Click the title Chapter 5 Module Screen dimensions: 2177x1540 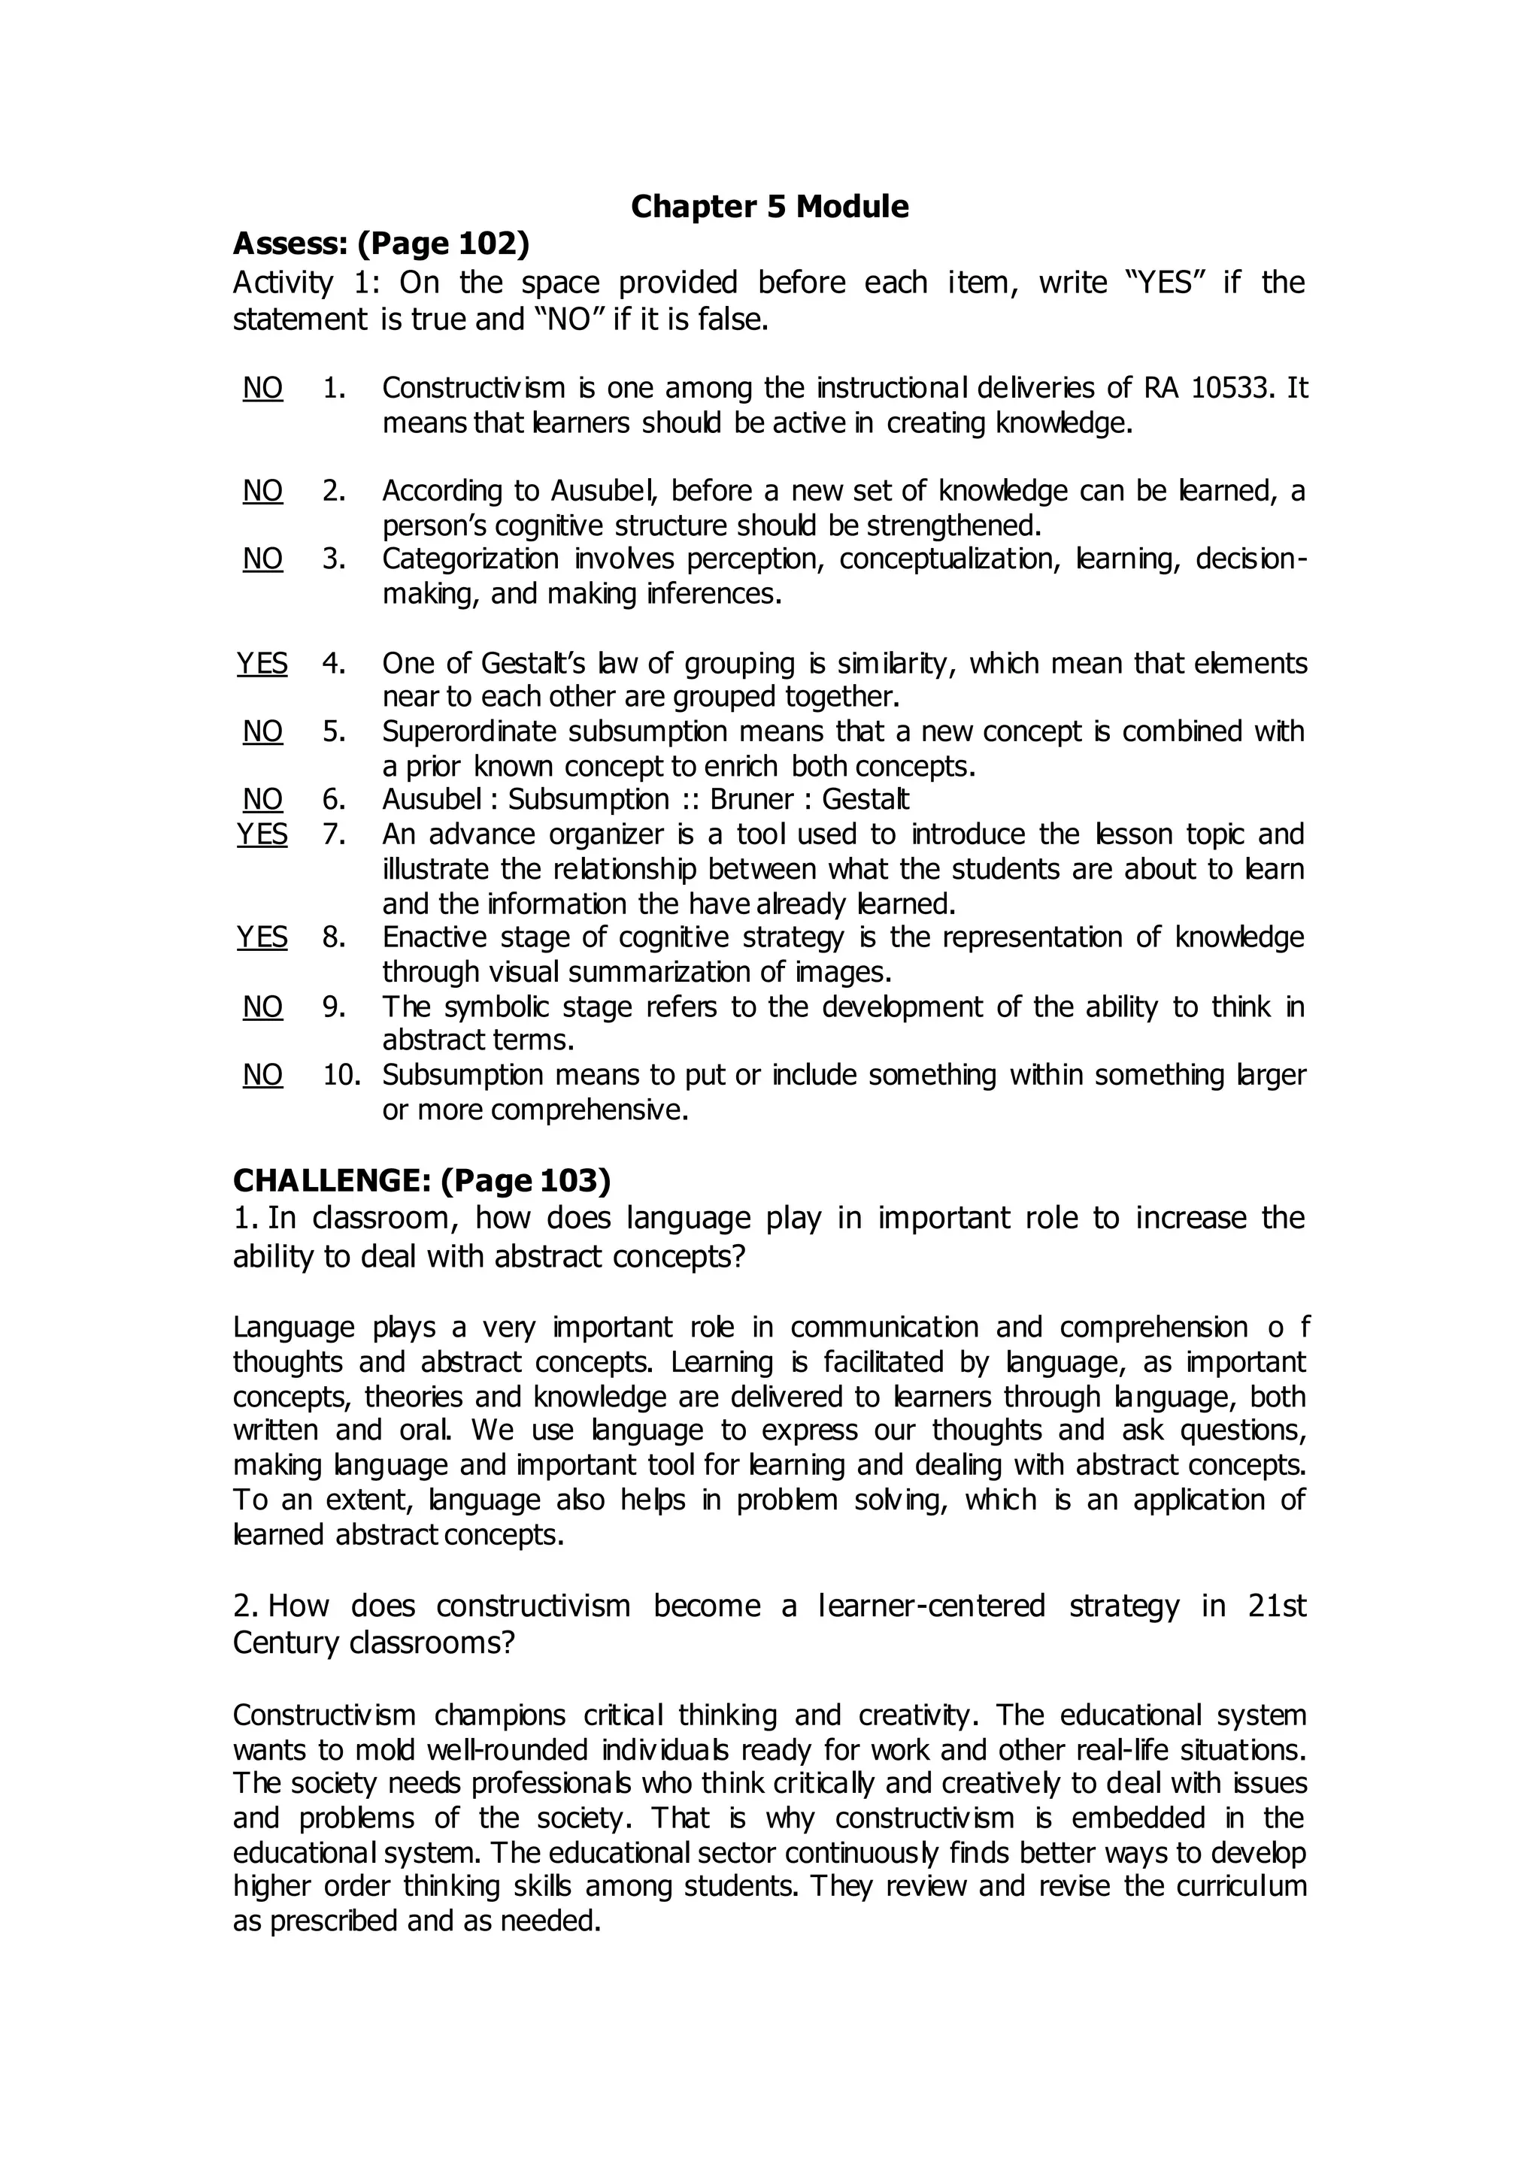tap(769, 207)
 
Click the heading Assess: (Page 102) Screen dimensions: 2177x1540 tap(381, 244)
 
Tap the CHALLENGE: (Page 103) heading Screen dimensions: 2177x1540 tap(422, 1180)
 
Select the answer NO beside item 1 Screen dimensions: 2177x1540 tap(262, 388)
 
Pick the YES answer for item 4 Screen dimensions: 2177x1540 tap(262, 663)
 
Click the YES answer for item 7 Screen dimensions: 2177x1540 tap(262, 834)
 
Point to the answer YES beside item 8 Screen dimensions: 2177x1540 tap(262, 937)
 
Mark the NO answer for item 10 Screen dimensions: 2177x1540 tap(262, 1074)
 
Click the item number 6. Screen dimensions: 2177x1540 tap(334, 799)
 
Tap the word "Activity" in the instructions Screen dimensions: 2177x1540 tap(283, 283)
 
